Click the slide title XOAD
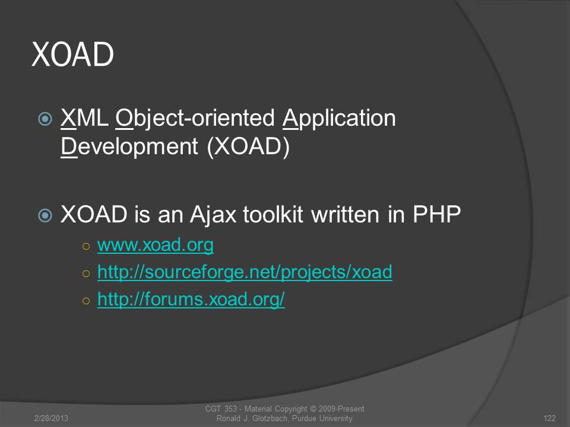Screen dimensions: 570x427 click(x=72, y=54)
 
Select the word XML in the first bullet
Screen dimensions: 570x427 click(x=84, y=118)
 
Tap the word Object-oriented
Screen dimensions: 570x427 click(x=195, y=119)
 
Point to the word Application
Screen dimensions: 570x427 click(x=339, y=119)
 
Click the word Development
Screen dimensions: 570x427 click(x=129, y=147)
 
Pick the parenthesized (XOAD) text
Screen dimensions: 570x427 click(x=248, y=147)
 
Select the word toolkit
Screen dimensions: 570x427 click(x=273, y=214)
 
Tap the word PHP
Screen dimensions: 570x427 click(x=436, y=214)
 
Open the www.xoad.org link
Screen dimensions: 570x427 click(x=155, y=245)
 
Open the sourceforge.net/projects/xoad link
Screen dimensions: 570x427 click(x=245, y=272)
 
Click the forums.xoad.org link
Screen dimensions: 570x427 click(x=191, y=299)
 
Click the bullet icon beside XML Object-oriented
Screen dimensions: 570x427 click(x=45, y=119)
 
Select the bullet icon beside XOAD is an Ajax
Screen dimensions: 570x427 click(x=45, y=215)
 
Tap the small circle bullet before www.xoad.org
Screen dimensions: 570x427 click(x=86, y=247)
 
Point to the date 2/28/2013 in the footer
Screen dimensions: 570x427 click(x=51, y=418)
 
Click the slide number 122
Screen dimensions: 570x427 click(x=550, y=418)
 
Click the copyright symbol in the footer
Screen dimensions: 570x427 click(x=313, y=409)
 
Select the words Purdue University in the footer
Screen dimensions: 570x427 click(x=322, y=419)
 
